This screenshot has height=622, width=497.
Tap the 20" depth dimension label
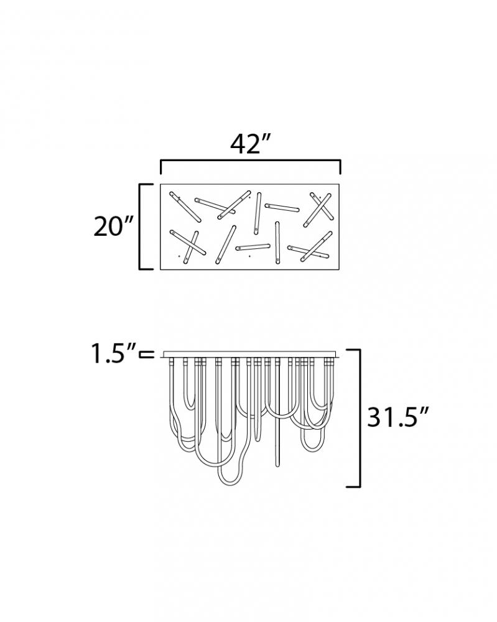[x=113, y=226]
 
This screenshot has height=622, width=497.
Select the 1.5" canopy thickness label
[x=114, y=353]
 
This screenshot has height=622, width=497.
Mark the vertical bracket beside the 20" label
[x=146, y=226]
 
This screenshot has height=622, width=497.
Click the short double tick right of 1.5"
[x=146, y=355]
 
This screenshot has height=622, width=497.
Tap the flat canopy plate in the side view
[x=249, y=354]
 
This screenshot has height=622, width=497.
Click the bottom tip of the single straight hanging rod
[x=277, y=465]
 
